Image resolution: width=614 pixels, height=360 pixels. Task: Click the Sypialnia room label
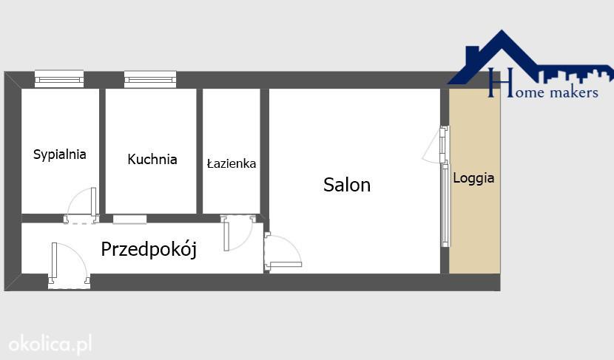tap(59, 154)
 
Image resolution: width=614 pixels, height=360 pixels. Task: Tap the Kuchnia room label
tap(152, 159)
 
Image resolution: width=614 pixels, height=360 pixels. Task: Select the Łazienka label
tap(232, 163)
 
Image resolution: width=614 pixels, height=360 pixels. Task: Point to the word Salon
tap(347, 185)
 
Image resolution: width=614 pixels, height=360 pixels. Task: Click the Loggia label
tap(473, 178)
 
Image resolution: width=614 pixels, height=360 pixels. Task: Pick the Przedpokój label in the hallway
tap(149, 249)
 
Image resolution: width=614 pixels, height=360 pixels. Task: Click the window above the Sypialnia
tap(59, 78)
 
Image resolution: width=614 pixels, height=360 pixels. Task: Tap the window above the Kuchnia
tap(150, 79)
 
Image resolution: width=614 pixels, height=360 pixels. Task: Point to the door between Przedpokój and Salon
tap(283, 252)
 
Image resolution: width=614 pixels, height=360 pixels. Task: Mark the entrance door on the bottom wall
tap(69, 265)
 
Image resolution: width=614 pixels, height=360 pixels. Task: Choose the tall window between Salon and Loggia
tap(445, 204)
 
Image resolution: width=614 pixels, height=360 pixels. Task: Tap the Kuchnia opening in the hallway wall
tap(129, 219)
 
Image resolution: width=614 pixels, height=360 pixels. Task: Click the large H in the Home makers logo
tap(496, 83)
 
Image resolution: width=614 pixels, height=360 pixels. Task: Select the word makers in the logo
tap(574, 92)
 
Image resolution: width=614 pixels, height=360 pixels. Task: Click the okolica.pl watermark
tap(50, 344)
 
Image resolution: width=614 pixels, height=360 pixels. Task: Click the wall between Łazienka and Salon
tap(265, 152)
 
